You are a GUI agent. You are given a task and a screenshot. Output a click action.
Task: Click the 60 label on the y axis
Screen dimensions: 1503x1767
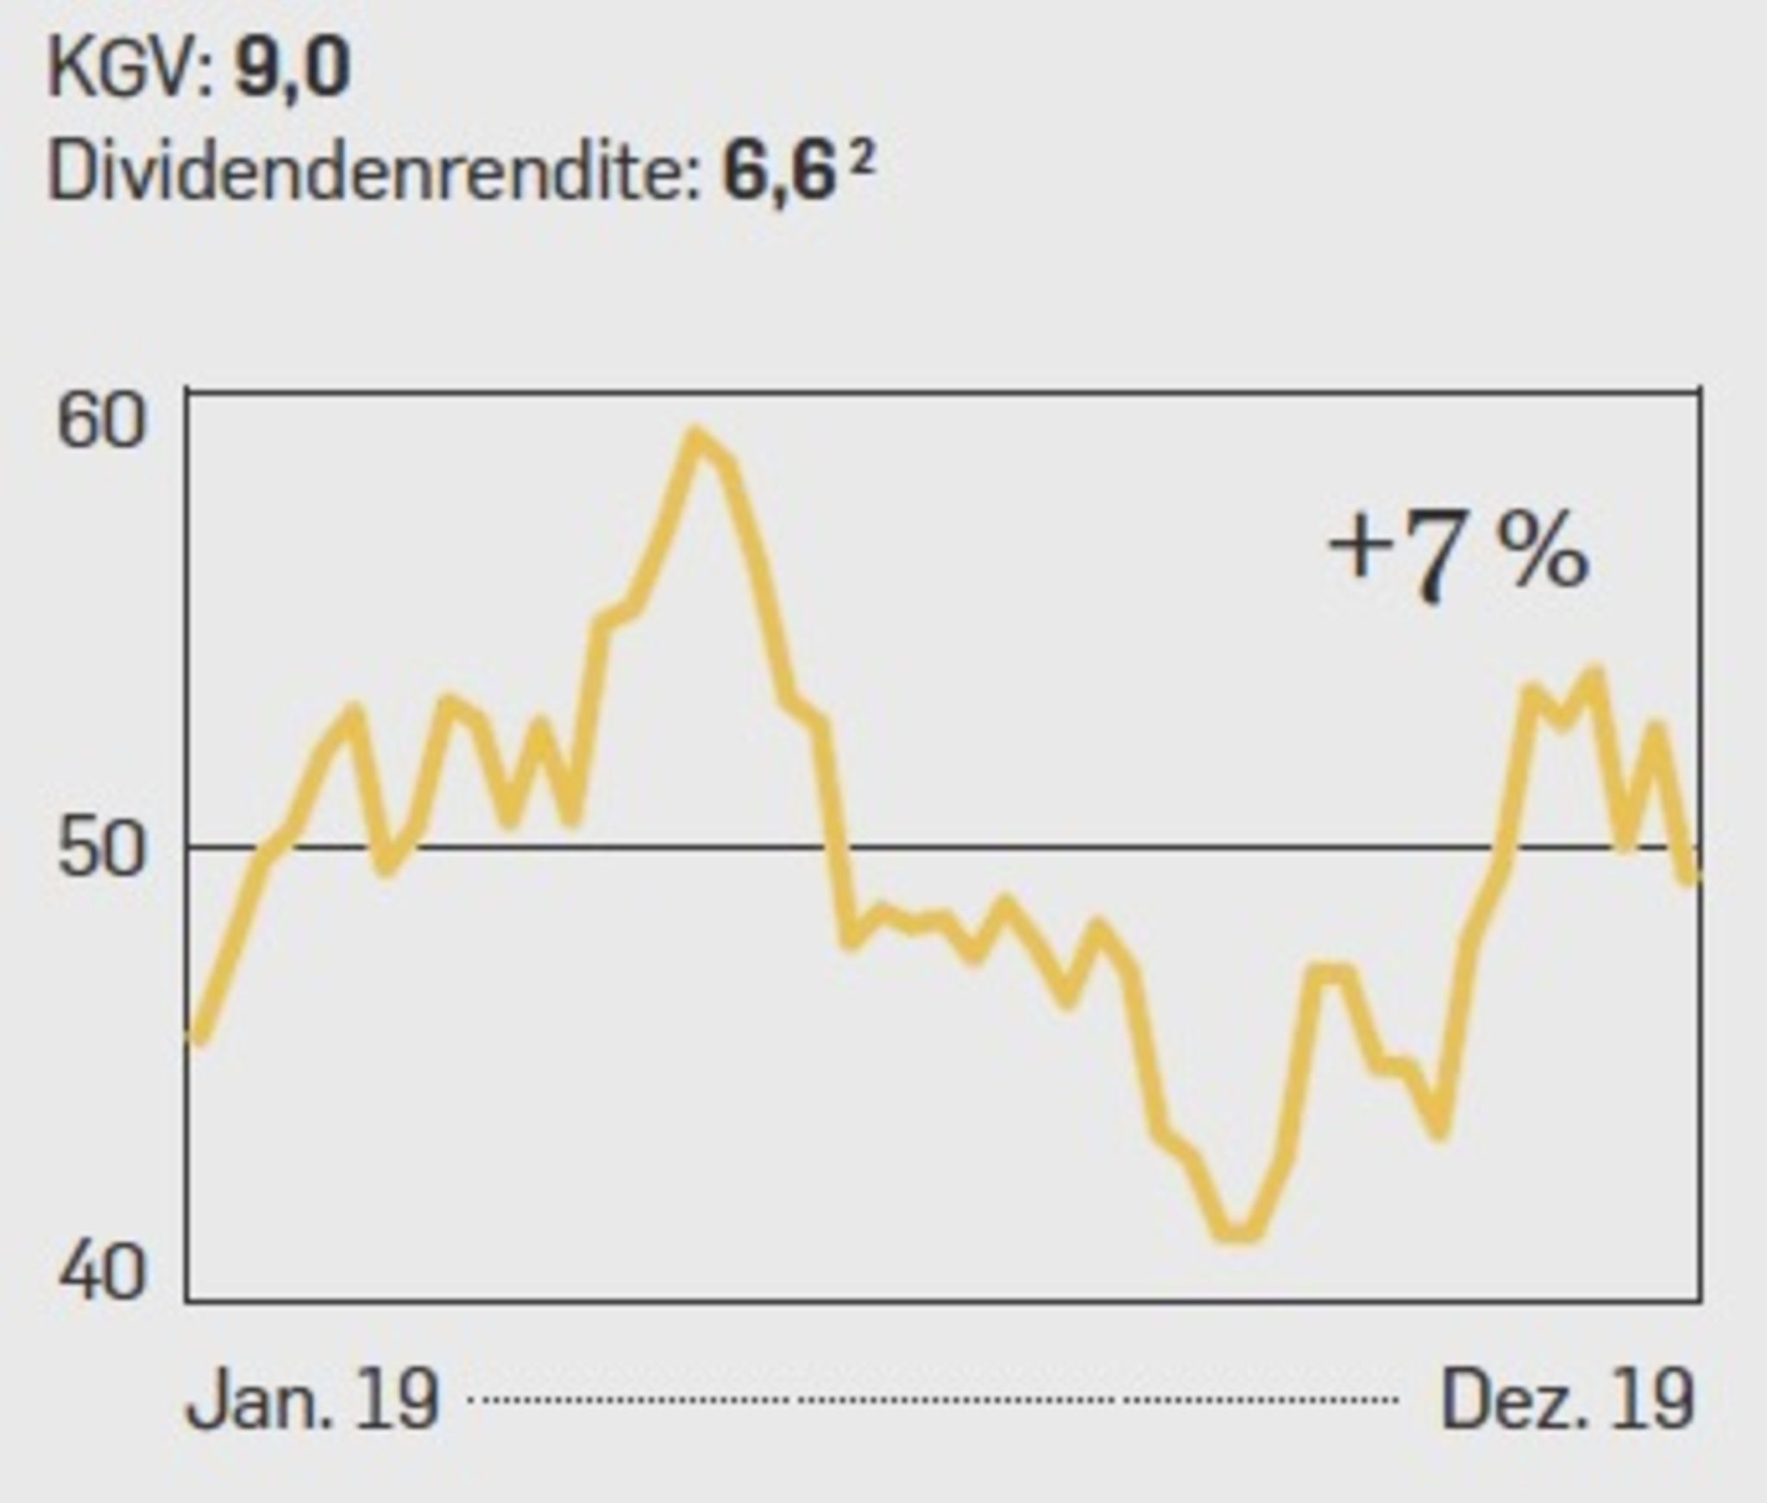(100, 422)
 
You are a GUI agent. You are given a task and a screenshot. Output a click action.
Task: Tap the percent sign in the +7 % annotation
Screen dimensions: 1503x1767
(1543, 552)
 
